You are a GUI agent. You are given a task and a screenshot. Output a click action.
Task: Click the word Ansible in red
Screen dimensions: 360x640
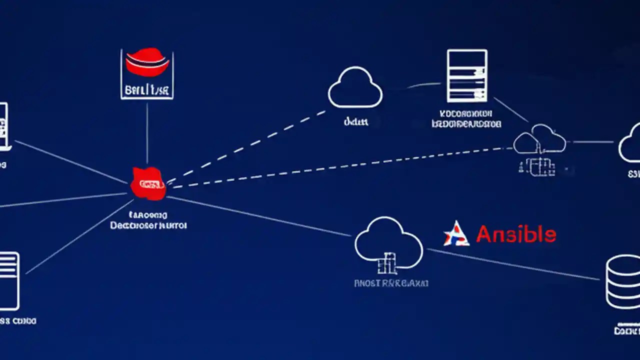[515, 234]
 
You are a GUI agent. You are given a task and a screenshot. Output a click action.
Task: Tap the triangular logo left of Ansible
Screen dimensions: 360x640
[456, 234]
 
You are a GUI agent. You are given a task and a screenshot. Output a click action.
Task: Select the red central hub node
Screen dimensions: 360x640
[148, 184]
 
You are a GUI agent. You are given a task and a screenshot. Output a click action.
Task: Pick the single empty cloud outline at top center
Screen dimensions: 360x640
[355, 88]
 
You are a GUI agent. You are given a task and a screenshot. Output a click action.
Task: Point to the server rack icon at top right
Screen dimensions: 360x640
[467, 75]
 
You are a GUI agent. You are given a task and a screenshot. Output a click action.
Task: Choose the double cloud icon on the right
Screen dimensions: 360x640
[540, 139]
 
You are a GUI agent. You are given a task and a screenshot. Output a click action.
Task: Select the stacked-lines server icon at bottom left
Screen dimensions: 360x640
[8, 280]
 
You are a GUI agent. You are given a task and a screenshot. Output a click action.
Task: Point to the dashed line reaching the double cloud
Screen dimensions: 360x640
[340, 166]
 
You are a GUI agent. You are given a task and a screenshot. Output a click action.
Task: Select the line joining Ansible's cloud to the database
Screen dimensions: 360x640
[515, 264]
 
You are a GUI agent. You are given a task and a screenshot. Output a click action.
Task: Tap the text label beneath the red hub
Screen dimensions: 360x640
[148, 220]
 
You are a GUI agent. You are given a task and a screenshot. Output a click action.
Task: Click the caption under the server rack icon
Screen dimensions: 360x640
[466, 118]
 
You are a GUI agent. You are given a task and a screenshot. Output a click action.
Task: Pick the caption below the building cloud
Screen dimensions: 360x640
[391, 283]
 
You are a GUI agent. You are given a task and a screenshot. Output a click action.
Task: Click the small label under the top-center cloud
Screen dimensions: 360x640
[356, 121]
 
